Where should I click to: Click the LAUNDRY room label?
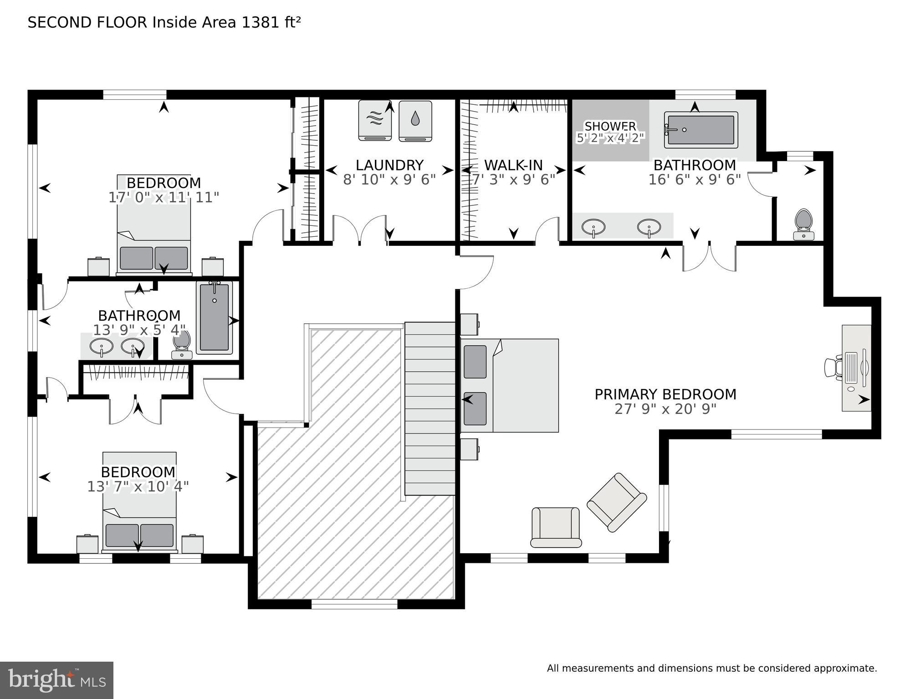389,165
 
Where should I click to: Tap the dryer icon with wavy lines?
374,120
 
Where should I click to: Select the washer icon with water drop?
415,121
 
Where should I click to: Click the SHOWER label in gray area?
610,126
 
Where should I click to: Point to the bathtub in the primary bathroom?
700,130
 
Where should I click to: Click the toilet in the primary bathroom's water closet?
803,224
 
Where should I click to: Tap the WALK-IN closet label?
513,165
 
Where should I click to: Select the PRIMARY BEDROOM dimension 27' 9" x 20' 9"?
665,409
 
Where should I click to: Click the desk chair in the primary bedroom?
833,367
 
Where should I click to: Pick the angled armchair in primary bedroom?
617,502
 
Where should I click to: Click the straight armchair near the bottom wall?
556,527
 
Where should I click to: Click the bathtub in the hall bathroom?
214,317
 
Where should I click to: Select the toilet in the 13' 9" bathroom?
182,344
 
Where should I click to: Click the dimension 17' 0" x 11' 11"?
164,198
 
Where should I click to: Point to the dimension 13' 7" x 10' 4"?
138,487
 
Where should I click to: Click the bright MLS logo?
56,680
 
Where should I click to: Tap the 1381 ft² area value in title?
271,22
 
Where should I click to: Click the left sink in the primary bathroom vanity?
593,226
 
